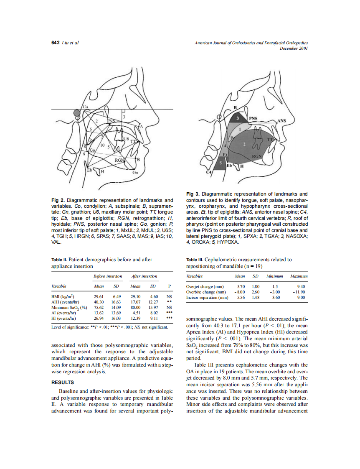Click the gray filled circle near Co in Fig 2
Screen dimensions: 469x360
(76, 113)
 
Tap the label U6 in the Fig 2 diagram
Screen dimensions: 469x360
(126, 138)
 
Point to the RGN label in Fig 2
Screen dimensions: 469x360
(120, 159)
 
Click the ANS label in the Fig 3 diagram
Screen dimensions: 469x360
(282, 121)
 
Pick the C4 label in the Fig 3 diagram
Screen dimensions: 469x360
(209, 172)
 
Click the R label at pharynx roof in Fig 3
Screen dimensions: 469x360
(235, 108)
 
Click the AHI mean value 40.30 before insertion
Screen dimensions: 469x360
(99, 302)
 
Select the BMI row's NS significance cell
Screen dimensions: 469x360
(169, 296)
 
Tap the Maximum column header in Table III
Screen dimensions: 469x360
(299, 276)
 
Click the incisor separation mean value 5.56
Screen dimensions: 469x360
(241, 297)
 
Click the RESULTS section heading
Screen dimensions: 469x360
(62, 382)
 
